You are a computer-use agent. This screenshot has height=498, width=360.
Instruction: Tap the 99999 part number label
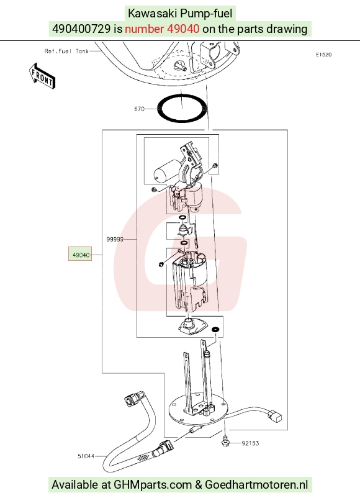tap(115, 239)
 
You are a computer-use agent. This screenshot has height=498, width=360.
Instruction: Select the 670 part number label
tap(139, 109)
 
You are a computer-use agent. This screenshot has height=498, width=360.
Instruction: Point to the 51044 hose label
tap(86, 456)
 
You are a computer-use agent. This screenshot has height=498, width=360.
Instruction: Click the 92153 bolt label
tap(250, 443)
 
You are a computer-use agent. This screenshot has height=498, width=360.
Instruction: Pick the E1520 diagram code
tap(323, 55)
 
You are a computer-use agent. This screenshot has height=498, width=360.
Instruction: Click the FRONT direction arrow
tap(42, 76)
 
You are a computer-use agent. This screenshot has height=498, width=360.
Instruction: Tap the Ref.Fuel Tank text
tap(66, 51)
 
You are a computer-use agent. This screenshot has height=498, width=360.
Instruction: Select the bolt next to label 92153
tap(225, 441)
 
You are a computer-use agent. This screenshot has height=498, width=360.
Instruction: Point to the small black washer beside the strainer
tap(215, 329)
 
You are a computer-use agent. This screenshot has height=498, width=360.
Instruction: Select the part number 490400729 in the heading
tap(81, 29)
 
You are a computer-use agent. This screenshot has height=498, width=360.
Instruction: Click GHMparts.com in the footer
tap(153, 485)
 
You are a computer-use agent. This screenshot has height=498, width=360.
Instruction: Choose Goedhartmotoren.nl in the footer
tap(256, 485)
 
